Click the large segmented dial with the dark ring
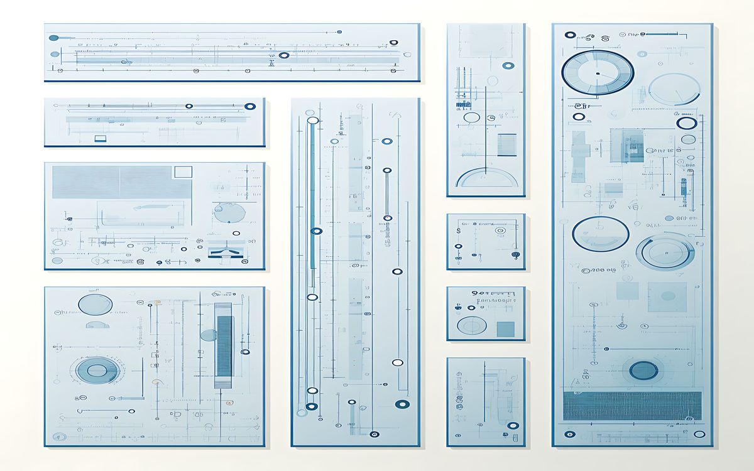point(598,73)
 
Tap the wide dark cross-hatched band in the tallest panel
point(632,405)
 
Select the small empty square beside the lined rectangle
point(183,171)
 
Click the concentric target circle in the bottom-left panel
point(96,370)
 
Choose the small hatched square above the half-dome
point(506,144)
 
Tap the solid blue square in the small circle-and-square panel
point(505,328)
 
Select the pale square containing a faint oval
point(667,296)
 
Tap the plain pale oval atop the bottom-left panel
point(95,305)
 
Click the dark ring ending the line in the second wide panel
point(250,107)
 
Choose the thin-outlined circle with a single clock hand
point(674,89)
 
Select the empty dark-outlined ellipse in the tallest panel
point(601,234)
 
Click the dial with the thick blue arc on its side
point(665,252)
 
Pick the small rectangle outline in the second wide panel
point(100,138)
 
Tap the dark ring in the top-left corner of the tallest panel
point(570,35)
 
